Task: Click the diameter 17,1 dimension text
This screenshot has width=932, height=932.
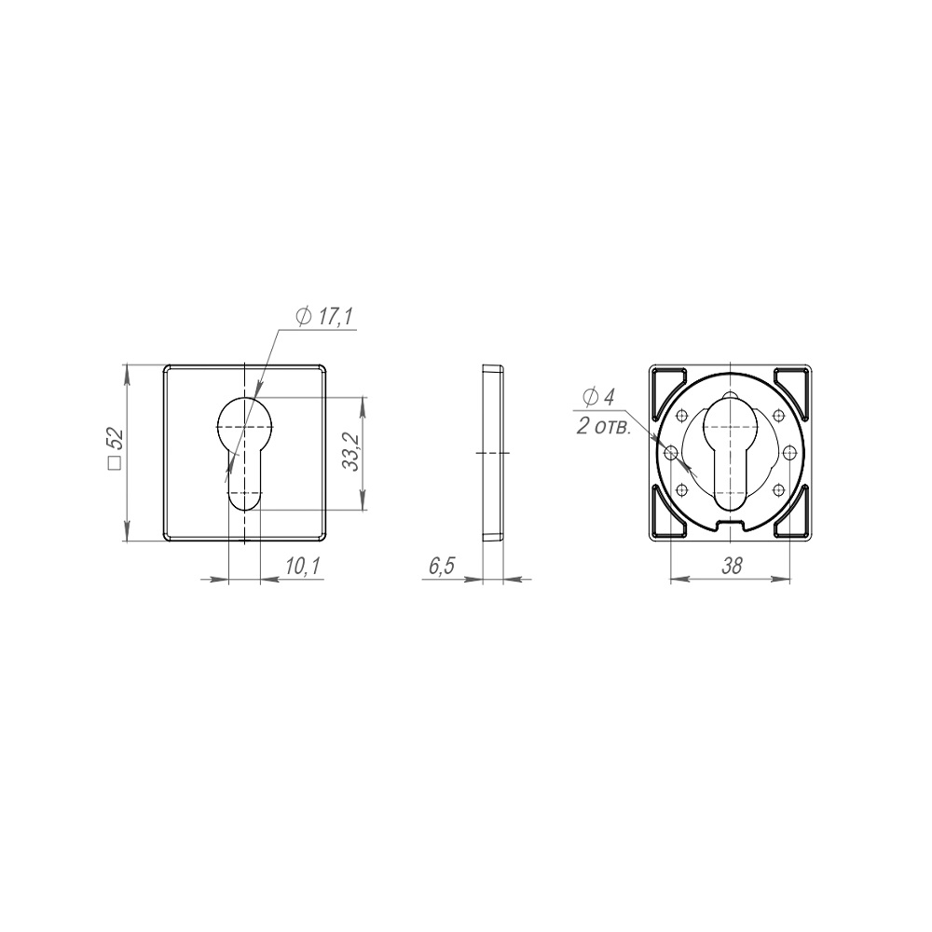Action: pyautogui.click(x=324, y=316)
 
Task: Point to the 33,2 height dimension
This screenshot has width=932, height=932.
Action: pyautogui.click(x=352, y=452)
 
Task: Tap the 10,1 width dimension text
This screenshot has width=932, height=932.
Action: pyautogui.click(x=303, y=566)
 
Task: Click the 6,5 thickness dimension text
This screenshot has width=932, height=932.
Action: pyautogui.click(x=442, y=566)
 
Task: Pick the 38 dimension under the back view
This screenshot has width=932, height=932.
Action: pyautogui.click(x=732, y=566)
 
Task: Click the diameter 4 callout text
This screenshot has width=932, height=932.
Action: pyautogui.click(x=598, y=397)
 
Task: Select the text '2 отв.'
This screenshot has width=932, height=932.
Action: pyautogui.click(x=603, y=426)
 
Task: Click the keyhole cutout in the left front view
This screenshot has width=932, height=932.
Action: pyautogui.click(x=244, y=453)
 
